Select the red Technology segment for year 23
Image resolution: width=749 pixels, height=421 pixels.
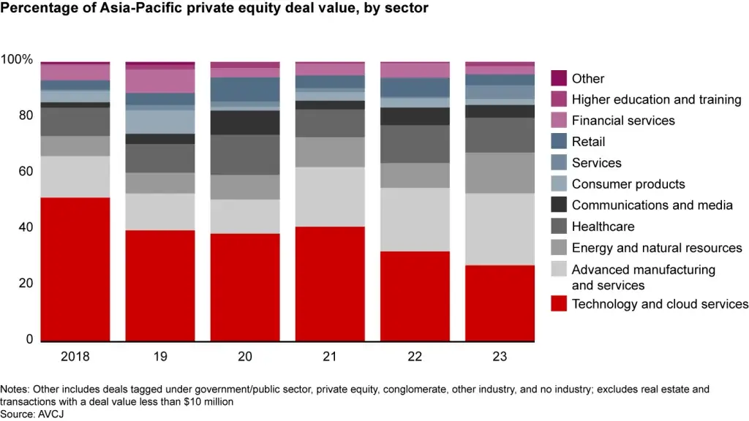pyautogui.click(x=500, y=303)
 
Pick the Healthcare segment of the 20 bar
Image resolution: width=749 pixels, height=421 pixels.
pyautogui.click(x=245, y=154)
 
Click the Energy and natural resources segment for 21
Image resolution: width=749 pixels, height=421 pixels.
pyautogui.click(x=330, y=152)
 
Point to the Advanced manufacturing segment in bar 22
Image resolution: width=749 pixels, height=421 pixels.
pyautogui.click(x=415, y=219)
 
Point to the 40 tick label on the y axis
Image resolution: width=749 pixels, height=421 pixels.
pyautogui.click(x=26, y=228)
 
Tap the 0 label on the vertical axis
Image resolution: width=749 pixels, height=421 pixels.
pyautogui.click(x=30, y=340)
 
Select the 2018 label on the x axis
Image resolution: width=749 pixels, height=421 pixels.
pyautogui.click(x=75, y=357)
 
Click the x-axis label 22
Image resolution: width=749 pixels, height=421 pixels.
pyautogui.click(x=415, y=357)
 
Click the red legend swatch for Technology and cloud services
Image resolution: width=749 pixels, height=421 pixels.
pyautogui.click(x=559, y=304)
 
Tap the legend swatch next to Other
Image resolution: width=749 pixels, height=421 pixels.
pyautogui.click(x=559, y=78)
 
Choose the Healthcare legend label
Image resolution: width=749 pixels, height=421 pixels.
pyautogui.click(x=603, y=227)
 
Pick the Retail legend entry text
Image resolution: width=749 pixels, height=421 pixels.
pyautogui.click(x=588, y=142)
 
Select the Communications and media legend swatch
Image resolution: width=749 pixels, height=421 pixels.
pyautogui.click(x=559, y=205)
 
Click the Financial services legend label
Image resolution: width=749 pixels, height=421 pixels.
pyautogui.click(x=623, y=121)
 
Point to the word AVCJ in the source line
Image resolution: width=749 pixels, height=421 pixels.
pyautogui.click(x=48, y=414)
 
